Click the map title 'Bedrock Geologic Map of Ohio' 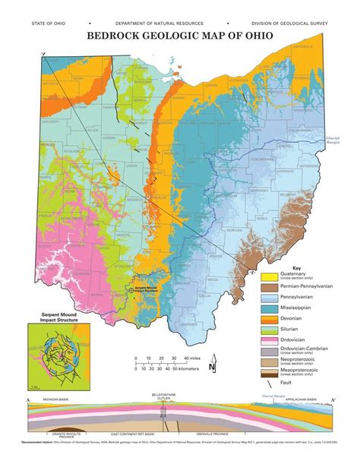179,35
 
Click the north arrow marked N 213,368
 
